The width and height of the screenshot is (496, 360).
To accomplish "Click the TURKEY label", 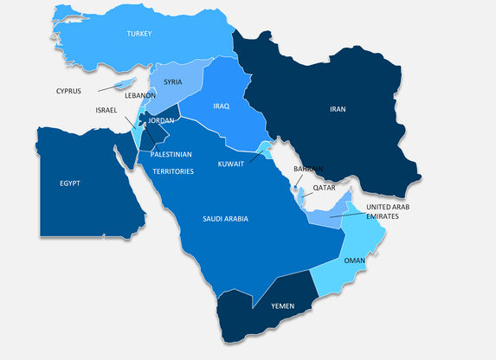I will (138, 34).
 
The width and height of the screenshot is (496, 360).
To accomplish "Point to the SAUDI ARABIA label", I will (225, 219).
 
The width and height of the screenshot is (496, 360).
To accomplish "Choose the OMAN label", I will (355, 260).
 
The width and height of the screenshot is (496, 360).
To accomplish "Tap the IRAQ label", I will (221, 106).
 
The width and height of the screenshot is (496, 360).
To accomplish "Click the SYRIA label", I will (173, 83).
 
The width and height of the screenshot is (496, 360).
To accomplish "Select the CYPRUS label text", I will (69, 91).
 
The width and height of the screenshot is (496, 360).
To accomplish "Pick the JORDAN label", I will (162, 120).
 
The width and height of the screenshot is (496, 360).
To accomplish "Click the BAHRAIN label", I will (308, 169).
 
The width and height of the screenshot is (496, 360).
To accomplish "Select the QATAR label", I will (325, 187).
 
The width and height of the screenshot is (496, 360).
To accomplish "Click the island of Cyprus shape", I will (127, 85).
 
